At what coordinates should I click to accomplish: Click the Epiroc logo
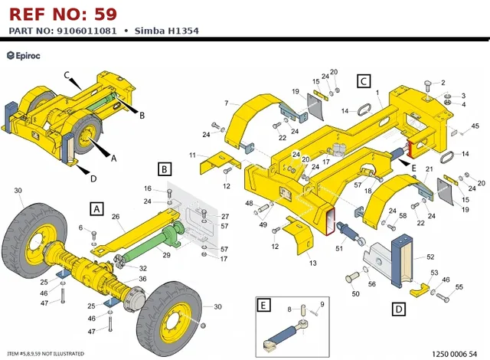point(24,56)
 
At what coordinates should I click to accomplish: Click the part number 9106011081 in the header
point(87,31)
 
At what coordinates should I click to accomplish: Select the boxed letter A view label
point(96,208)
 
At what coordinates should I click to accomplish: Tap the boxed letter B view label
point(165,169)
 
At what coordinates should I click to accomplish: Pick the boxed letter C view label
point(364,81)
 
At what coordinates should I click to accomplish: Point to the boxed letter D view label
point(399,309)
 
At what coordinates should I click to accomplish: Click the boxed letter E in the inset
point(263,305)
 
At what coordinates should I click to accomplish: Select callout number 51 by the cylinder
point(339,248)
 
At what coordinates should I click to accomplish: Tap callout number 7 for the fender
point(227,103)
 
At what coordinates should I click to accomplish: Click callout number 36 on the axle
point(142,279)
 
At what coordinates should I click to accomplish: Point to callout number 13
point(312,263)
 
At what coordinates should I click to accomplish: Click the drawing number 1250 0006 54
point(454,354)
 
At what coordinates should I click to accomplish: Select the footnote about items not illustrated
point(46,354)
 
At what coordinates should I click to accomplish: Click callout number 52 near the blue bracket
point(430,257)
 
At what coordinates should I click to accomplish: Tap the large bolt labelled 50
point(352,277)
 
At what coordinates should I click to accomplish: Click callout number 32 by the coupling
point(143,268)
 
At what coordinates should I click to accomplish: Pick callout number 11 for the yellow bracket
point(192,155)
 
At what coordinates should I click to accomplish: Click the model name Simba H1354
point(167,31)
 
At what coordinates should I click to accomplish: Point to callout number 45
point(475,126)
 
